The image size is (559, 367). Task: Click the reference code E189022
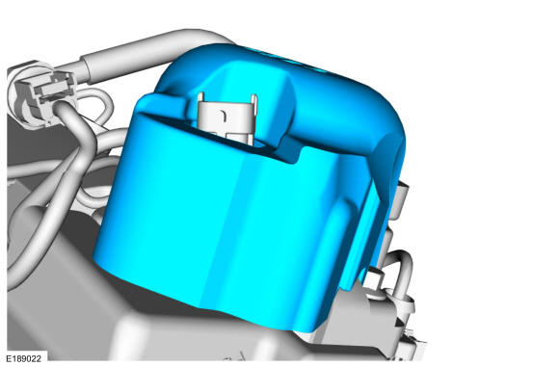tap(23, 358)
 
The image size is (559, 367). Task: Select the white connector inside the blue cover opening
tap(227, 118)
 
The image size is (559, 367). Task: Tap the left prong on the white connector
tap(200, 100)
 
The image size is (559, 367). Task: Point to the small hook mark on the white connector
tap(224, 115)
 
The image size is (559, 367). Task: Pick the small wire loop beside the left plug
tap(95, 103)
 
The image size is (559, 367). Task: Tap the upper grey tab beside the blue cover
tap(400, 199)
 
